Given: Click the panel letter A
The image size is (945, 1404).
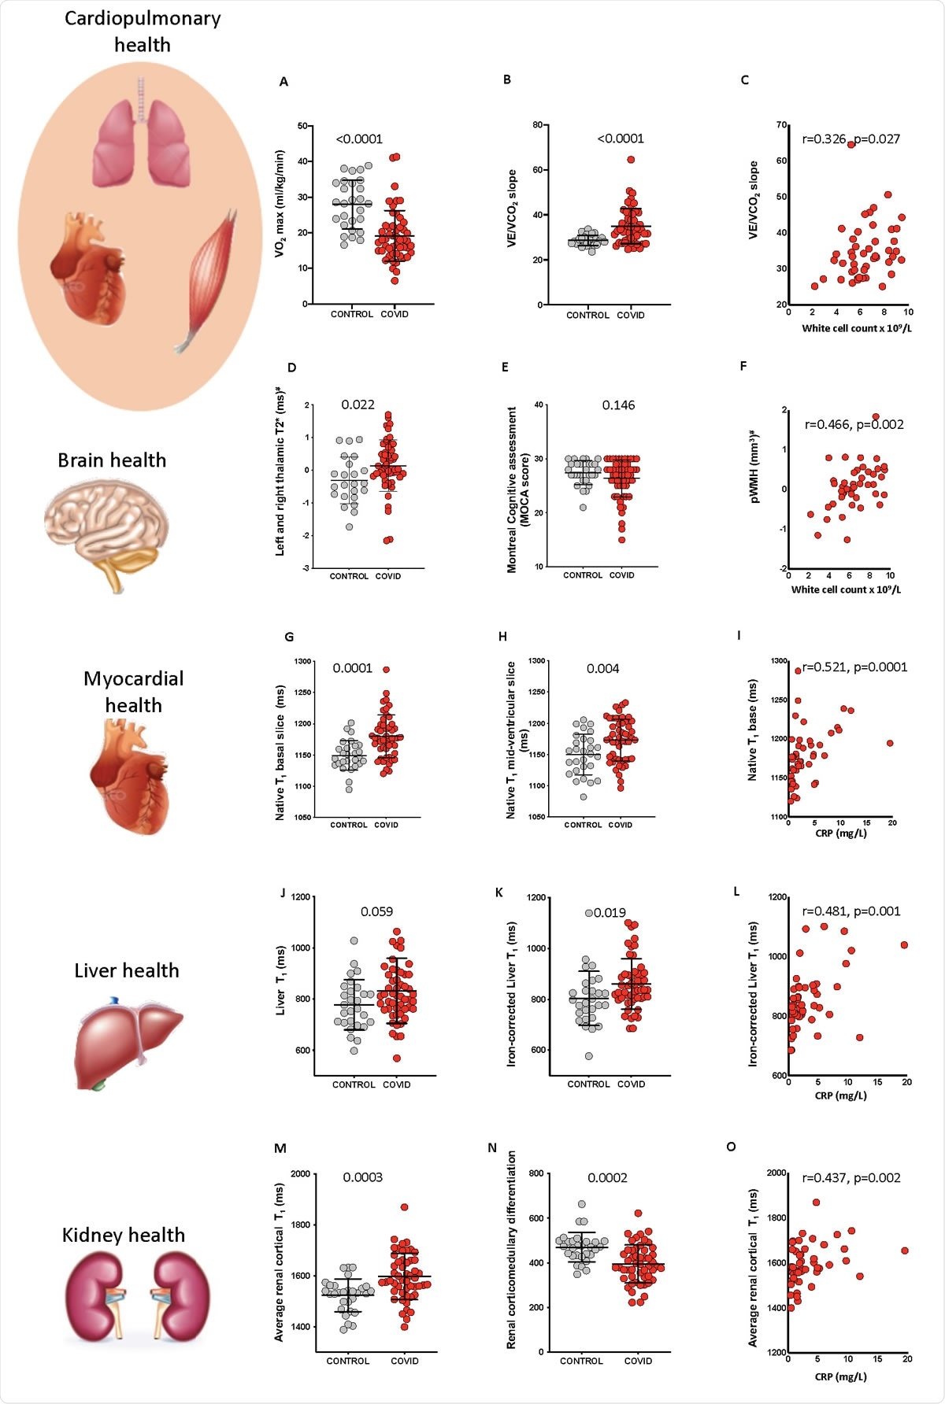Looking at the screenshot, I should pyautogui.click(x=283, y=82).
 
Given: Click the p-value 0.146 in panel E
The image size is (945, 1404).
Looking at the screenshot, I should pyautogui.click(x=618, y=405).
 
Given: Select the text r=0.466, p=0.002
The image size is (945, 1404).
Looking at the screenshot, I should pyautogui.click(x=854, y=425).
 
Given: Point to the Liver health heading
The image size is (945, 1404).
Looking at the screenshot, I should pyautogui.click(x=127, y=971).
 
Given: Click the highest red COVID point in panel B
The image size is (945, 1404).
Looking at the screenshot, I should pyautogui.click(x=631, y=160).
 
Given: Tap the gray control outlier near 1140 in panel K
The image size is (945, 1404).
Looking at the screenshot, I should pyautogui.click(x=588, y=913).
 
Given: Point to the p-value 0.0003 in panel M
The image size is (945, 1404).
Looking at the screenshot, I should pyautogui.click(x=362, y=1178).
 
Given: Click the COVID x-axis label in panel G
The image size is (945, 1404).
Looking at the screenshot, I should pyautogui.click(x=386, y=825).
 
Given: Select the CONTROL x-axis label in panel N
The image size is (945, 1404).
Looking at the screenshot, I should pyautogui.click(x=581, y=1361).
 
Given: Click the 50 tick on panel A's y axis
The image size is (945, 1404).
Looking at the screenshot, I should pyautogui.click(x=302, y=126).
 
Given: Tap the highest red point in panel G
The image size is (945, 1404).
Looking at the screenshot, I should pyautogui.click(x=386, y=670).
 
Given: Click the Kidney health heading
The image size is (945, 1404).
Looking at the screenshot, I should pyautogui.click(x=124, y=1236).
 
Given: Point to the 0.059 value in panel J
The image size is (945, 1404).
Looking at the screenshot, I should pyautogui.click(x=376, y=912).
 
